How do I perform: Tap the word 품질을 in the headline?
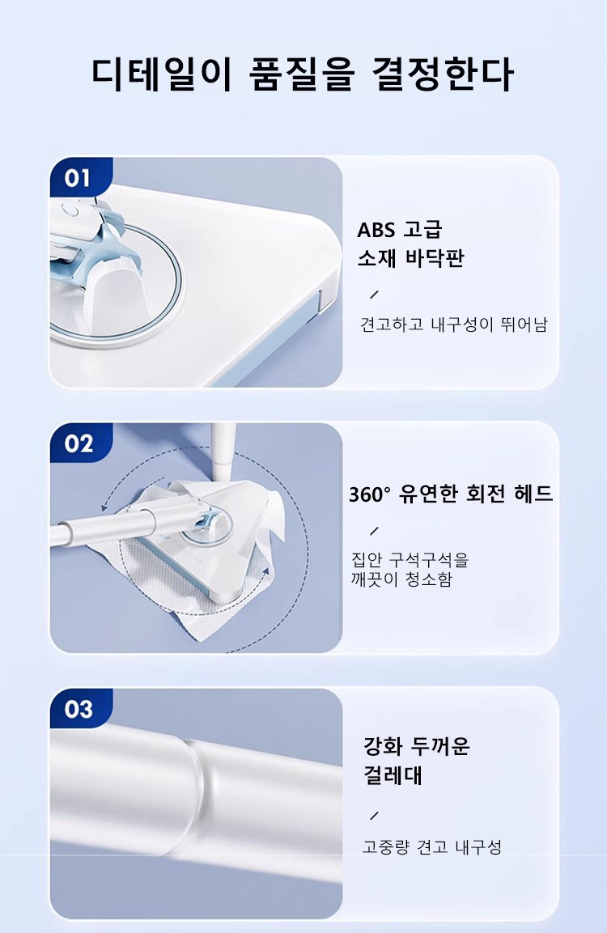[x=302, y=74]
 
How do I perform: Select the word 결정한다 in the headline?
[x=443, y=74]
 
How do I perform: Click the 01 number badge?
[x=78, y=178]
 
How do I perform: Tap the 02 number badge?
[x=79, y=443]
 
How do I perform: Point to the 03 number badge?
[x=79, y=709]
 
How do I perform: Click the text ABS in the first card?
[x=376, y=230]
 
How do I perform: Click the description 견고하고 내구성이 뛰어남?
[x=453, y=324]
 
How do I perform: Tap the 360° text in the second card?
[x=370, y=494]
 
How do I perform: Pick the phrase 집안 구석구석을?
[x=410, y=560]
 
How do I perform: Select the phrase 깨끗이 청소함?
[x=401, y=579]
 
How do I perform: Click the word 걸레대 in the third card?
[x=393, y=775]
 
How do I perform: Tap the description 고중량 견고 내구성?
[x=432, y=846]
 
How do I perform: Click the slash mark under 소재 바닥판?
[x=374, y=295]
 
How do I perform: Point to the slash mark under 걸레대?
[x=374, y=815]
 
